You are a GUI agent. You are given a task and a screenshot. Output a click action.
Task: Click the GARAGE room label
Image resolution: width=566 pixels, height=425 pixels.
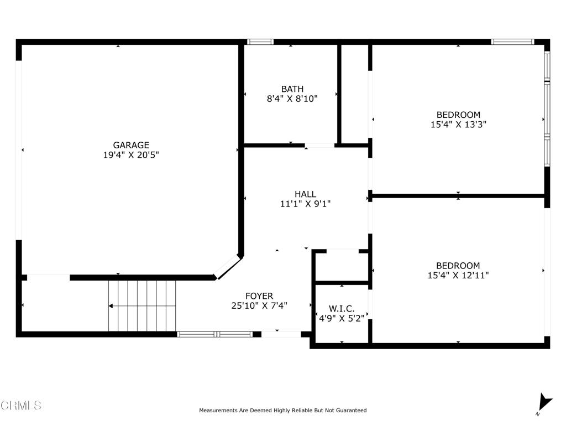(x=131, y=146)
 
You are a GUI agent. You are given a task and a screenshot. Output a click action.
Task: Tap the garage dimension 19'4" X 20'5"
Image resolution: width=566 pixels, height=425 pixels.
(x=131, y=156)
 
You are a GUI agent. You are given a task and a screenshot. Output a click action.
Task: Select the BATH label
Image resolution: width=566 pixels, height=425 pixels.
(x=292, y=89)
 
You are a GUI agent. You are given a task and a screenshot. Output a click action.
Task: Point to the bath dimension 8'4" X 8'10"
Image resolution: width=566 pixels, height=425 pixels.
(x=292, y=99)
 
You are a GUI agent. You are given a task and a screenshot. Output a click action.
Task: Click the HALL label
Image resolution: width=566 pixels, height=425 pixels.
(x=305, y=194)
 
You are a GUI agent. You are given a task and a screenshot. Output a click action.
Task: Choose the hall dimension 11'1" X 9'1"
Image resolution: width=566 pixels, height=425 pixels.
(x=305, y=204)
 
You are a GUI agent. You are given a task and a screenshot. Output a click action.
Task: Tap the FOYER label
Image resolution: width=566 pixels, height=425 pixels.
(x=259, y=296)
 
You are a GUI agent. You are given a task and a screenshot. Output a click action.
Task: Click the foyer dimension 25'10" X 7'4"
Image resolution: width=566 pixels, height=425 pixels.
(x=259, y=305)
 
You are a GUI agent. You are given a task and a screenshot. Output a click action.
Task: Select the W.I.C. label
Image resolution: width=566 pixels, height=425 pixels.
(x=341, y=308)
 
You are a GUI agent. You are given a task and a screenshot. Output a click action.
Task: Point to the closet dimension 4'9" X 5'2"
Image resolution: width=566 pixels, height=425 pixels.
(x=341, y=318)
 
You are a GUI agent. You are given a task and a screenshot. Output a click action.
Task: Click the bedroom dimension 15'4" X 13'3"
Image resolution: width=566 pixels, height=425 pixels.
(x=458, y=125)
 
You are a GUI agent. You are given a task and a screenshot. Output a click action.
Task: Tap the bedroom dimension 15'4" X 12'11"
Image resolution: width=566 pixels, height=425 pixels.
(x=458, y=275)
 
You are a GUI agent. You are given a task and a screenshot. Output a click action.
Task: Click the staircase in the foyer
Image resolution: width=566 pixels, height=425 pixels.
(x=142, y=305)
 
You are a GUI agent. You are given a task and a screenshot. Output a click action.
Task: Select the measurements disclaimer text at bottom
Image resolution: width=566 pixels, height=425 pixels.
(x=282, y=411)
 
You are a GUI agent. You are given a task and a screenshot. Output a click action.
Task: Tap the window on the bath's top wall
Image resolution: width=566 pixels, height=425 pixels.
(x=260, y=42)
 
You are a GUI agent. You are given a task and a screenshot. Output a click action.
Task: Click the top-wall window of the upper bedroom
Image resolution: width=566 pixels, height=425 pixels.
(x=513, y=42)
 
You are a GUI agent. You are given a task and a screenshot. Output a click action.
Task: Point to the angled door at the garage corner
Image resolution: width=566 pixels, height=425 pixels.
(x=227, y=267)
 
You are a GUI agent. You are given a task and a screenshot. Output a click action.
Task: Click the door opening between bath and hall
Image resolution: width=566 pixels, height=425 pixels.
(x=319, y=146)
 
